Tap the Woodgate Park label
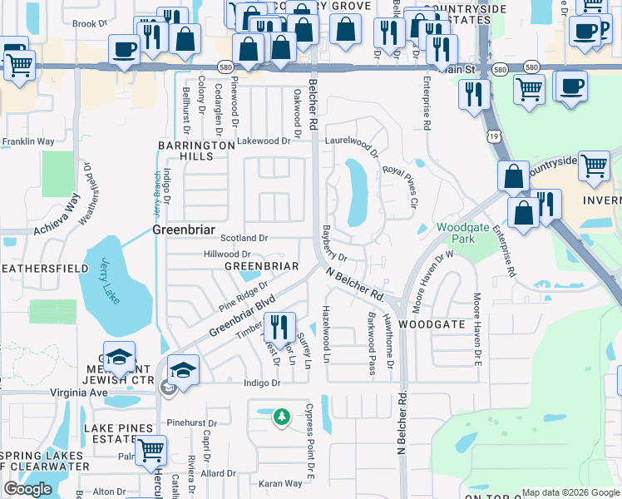(457, 232)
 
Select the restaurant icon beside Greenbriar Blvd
(279, 327)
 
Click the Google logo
(27, 489)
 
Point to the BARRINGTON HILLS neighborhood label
(197, 151)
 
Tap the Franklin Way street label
(27, 142)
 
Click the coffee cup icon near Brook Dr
(124, 50)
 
